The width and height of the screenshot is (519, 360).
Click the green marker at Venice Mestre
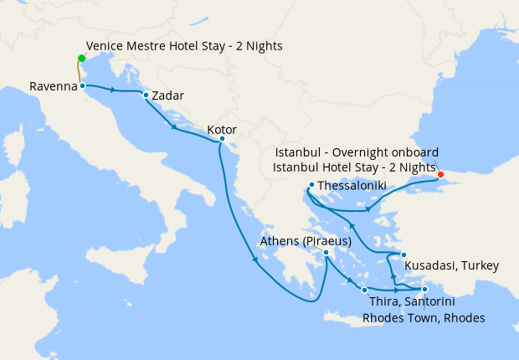81,58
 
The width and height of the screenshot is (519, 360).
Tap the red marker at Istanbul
441,174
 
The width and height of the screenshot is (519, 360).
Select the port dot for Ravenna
82,85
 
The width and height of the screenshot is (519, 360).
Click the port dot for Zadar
146,95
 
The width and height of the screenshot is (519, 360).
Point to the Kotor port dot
222,139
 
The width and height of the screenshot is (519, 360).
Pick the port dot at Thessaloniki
311,185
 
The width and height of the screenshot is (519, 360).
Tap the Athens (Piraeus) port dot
326,252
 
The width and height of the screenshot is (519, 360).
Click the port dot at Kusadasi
403,255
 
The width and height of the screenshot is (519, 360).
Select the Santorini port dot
364,291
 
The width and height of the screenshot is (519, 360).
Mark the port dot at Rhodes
425,290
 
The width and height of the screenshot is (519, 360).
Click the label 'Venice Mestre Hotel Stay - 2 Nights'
184,46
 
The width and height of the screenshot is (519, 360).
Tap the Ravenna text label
53,86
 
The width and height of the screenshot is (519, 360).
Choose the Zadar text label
169,95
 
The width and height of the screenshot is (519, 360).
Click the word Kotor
222,130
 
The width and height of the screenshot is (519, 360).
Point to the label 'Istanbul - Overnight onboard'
357,155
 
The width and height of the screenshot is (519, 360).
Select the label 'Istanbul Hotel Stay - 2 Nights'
355,168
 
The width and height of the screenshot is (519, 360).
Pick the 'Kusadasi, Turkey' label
451,266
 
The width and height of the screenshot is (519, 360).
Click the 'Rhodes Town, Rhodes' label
424,317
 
